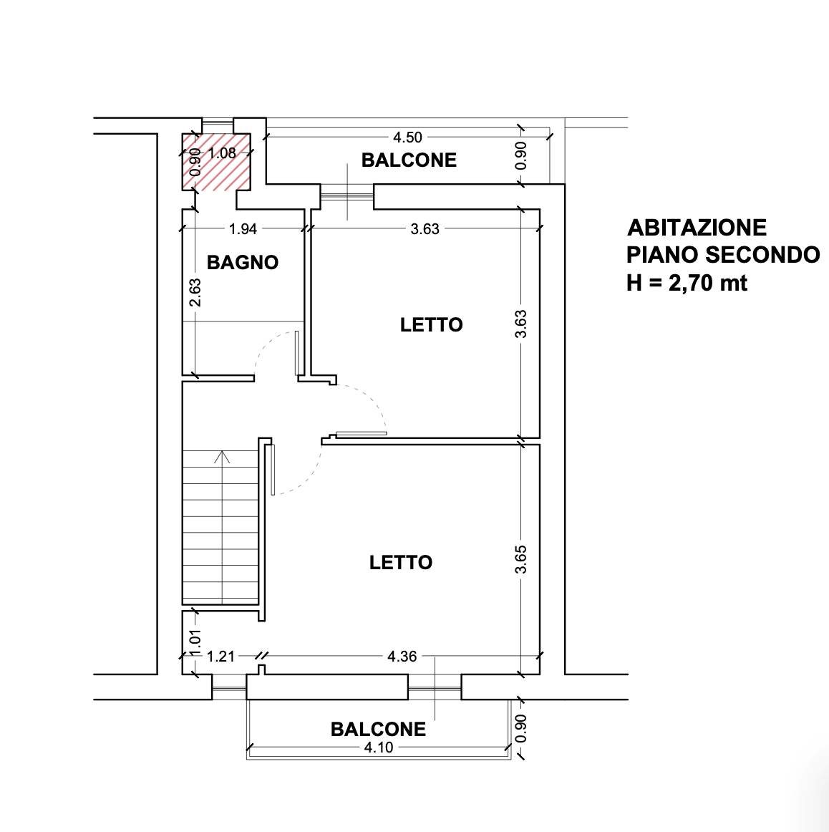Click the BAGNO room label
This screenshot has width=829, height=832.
point(243,262)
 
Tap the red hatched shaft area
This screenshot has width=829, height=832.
point(216,162)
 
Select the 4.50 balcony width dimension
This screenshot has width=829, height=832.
point(407,137)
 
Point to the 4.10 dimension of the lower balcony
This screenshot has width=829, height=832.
point(378,748)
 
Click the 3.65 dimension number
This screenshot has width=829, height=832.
point(521,559)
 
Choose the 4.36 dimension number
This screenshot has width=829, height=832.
point(402,657)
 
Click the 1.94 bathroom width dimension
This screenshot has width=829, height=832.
point(243,228)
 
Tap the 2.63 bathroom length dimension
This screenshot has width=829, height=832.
point(195,292)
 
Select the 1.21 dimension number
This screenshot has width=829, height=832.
point(220,657)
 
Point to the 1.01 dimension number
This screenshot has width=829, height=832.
point(195,644)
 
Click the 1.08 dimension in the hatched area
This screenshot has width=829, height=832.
point(222,153)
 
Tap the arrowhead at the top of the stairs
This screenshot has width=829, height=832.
point(222,456)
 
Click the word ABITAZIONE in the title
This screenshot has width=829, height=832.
point(697,228)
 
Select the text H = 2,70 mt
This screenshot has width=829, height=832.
point(687,283)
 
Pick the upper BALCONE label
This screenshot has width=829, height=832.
point(409,160)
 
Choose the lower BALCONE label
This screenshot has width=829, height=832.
point(378,729)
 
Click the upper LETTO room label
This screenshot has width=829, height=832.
point(431,324)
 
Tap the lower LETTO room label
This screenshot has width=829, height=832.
point(401,562)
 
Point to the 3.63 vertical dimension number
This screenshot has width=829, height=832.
point(521,324)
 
